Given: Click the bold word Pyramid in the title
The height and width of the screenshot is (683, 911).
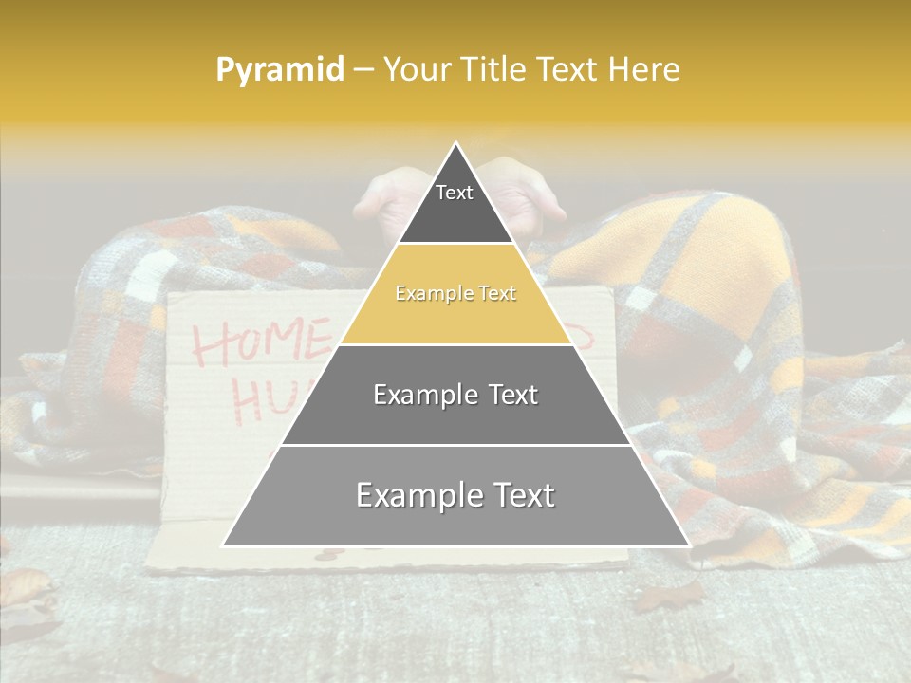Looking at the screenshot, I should pos(280,70).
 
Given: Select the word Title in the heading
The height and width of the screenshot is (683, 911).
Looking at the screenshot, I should pos(495,69).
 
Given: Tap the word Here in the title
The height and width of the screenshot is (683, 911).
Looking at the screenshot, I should pos(644,69).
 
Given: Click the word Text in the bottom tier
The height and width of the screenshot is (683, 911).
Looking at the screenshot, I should pos(518,496).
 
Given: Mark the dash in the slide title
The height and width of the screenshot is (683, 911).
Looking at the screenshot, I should pos(363,70).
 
